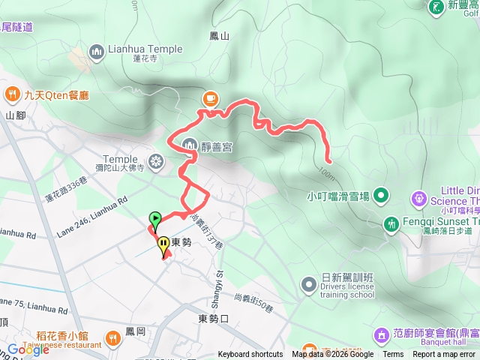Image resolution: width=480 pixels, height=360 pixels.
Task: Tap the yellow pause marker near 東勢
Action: point(163,244)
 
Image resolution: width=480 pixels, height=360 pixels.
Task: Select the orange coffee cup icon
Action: point(211,98)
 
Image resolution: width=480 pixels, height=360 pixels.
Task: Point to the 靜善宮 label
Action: point(217,147)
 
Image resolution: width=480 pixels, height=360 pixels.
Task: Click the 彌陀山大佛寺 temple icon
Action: point(156,160)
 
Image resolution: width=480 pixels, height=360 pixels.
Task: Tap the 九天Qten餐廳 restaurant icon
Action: point(13,94)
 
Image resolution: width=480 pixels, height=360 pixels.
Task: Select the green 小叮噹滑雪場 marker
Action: point(381,196)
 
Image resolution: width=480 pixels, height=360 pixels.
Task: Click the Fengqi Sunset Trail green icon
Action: point(391,223)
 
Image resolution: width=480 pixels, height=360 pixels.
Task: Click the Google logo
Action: point(28,349)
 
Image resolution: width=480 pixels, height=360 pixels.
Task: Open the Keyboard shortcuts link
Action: point(250,355)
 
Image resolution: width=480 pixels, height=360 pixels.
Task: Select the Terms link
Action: point(393,355)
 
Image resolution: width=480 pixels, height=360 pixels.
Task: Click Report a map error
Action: point(445,355)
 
